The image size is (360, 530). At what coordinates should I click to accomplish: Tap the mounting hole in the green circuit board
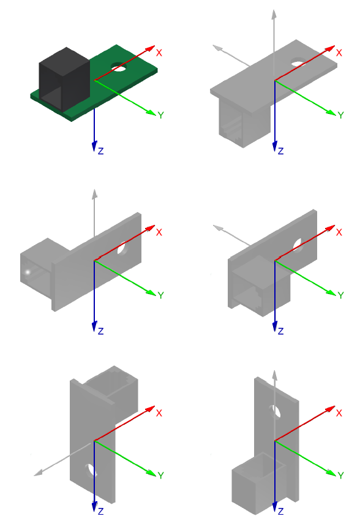coord(118,66)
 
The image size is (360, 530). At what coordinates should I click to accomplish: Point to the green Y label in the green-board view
coord(160,115)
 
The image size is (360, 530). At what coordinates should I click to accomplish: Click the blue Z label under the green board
coord(100,151)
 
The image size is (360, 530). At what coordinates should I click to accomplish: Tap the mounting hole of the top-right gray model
coord(298,62)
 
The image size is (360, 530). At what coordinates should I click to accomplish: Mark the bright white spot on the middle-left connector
coord(28,271)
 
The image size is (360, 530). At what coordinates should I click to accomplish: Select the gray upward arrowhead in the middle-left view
coord(94,194)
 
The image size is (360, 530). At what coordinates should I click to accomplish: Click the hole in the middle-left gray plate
coord(122,250)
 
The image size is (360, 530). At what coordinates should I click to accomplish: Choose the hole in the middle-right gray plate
coord(300,244)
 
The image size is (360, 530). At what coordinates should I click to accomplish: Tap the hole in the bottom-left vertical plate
coord(92,471)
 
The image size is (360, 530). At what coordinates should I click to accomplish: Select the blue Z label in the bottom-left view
coord(100,510)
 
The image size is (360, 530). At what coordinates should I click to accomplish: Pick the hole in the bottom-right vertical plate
coord(276,411)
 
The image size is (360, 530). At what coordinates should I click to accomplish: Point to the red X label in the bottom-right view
coord(339,414)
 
